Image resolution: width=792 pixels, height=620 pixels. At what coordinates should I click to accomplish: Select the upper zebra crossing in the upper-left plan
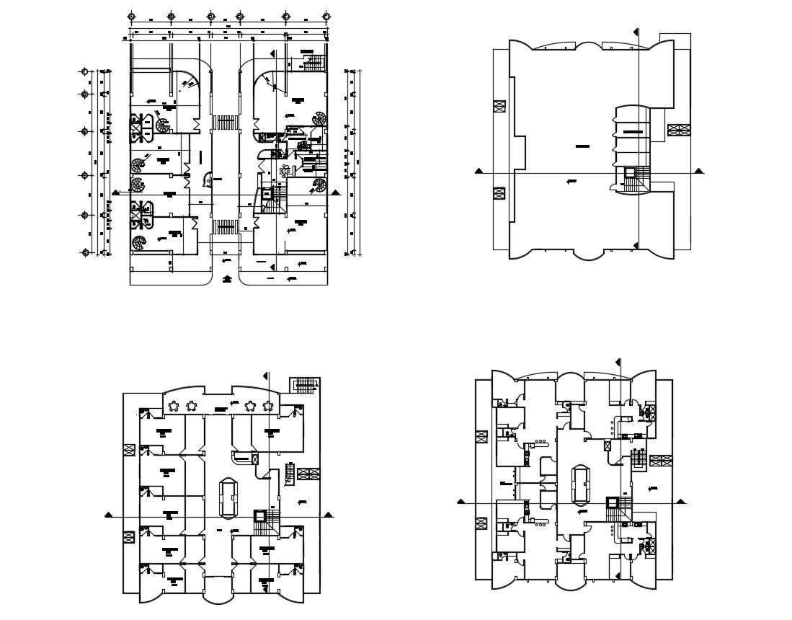(226, 122)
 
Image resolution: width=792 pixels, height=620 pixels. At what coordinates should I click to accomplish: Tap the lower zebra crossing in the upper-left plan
(226, 228)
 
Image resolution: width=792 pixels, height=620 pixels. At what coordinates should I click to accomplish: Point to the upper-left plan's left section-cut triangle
(117, 192)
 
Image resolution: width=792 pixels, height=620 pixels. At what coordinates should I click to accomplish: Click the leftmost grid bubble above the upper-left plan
(130, 16)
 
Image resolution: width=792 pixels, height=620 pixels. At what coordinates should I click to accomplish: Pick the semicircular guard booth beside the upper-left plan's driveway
(208, 178)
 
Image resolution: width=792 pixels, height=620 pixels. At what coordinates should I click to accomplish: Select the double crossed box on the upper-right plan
(679, 130)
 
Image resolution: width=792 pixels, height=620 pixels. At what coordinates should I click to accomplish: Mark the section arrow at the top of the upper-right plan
(636, 32)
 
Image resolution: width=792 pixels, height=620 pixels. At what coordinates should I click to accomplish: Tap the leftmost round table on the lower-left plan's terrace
(174, 407)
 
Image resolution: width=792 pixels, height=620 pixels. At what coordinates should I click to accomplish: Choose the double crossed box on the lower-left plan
(308, 474)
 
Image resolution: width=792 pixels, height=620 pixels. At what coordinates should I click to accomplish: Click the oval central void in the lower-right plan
(580, 484)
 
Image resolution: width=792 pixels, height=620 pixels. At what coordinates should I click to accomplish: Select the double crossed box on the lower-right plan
(660, 460)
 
